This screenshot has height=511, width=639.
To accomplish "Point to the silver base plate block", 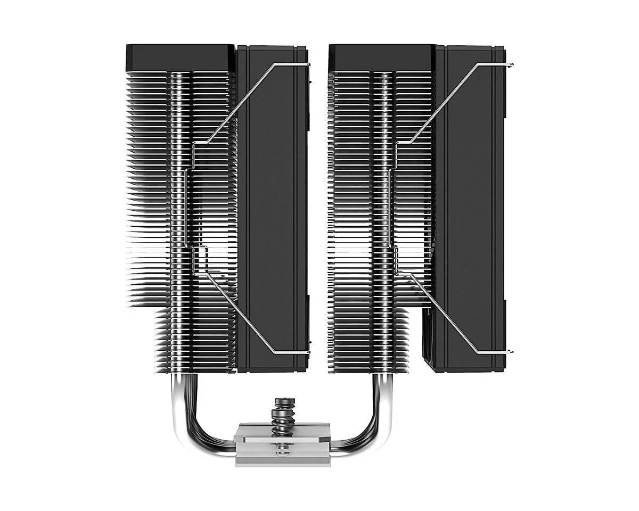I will (282, 444).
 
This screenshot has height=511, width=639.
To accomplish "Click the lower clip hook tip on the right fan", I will (511, 352).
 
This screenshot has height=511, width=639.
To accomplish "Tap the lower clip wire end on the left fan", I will (307, 352).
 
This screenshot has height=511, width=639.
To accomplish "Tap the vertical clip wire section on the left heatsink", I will (186, 208).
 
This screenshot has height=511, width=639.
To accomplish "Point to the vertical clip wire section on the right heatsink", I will (391, 208).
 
